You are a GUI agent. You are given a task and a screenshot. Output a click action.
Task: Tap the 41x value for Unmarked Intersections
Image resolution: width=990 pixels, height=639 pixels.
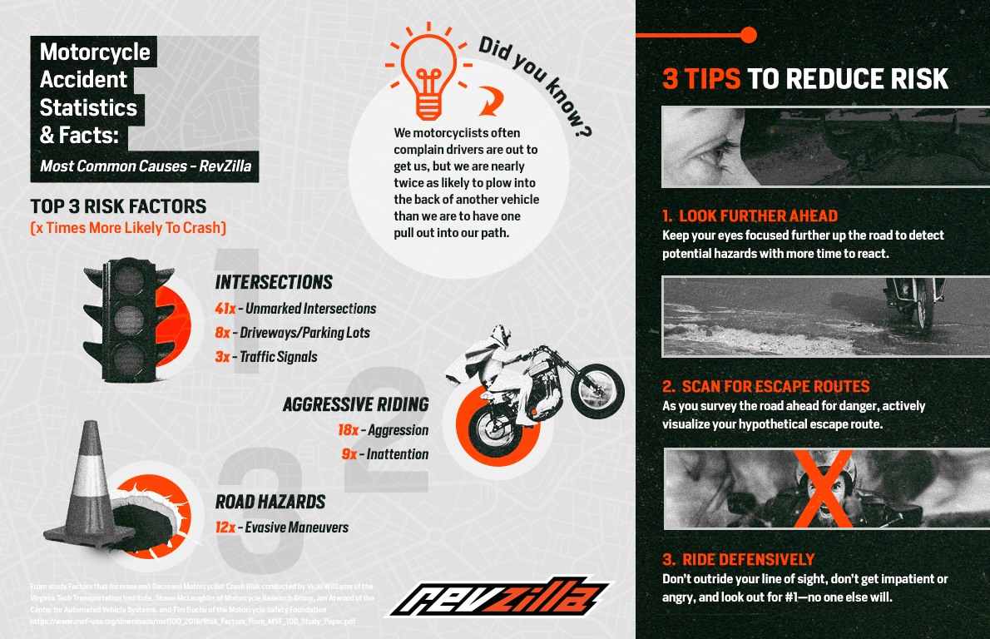click(225, 309)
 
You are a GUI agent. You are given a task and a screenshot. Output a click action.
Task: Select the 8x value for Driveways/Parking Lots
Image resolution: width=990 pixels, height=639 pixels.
click(221, 333)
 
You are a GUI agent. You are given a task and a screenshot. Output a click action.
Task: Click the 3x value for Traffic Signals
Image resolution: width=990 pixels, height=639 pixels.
click(221, 357)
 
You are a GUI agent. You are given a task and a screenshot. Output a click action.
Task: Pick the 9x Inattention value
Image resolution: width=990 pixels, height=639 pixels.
click(349, 454)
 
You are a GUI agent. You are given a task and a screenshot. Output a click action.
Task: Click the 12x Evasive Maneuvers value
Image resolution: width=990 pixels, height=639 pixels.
click(225, 528)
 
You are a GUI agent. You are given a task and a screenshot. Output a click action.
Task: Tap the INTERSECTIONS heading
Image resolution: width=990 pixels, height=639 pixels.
click(274, 282)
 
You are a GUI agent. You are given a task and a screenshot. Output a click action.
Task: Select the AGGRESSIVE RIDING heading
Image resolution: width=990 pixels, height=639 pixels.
click(355, 405)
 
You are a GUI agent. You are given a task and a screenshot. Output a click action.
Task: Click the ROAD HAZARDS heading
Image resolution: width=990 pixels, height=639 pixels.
click(270, 502)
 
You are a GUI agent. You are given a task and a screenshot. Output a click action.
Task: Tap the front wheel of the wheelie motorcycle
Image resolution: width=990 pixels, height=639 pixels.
click(600, 387)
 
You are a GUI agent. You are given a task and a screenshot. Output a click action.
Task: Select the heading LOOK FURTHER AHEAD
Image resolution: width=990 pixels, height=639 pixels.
click(758, 216)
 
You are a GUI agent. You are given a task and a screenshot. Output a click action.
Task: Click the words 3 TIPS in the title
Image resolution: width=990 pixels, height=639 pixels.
click(700, 79)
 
